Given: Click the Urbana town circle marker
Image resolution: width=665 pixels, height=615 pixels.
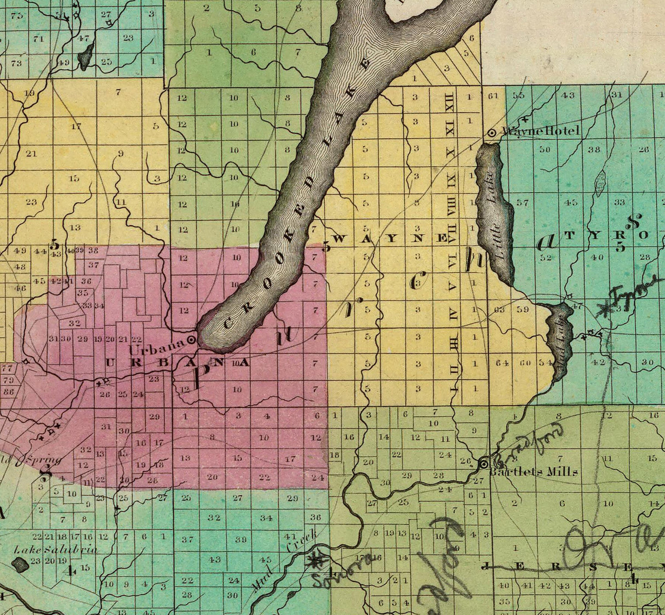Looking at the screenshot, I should coord(192,340).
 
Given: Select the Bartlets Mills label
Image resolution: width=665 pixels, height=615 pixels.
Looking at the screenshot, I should coord(534,472).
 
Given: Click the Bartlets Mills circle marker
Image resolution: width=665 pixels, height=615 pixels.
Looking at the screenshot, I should coord(484,464).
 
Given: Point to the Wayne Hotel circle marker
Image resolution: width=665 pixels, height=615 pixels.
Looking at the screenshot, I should coord(492,132).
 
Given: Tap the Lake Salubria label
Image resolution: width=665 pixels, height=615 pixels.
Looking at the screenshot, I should coord(56,549).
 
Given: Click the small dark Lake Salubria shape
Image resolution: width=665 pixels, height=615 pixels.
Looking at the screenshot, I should coord(21,564).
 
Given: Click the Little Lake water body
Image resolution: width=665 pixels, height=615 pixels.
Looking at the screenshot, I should coord(495,214).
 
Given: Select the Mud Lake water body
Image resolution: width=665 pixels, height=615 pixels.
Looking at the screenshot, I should coord(559,340).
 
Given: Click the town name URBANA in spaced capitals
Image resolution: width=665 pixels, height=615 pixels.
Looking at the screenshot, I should coord(176,363).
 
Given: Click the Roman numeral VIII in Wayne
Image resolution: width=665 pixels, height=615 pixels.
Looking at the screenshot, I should coord(451,208).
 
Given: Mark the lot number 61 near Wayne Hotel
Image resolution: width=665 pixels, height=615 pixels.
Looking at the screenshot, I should coord(493,95).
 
